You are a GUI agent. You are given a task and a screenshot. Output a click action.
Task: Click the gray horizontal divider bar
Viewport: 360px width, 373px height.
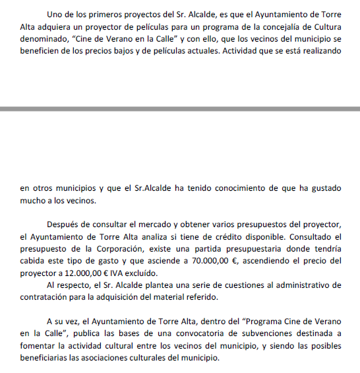click(x=180, y=108)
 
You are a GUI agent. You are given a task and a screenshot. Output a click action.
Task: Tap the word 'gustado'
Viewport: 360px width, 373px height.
click(x=324, y=188)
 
